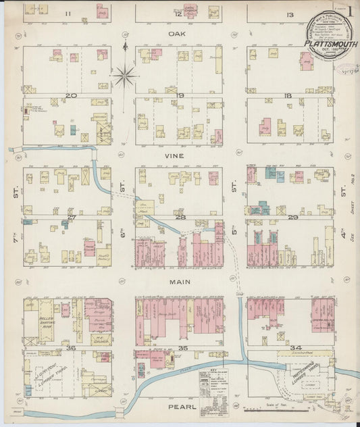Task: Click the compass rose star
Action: point(125,74)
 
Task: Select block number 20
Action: point(70,96)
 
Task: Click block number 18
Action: point(288,96)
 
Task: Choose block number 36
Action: point(70,348)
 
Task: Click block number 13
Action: point(289,14)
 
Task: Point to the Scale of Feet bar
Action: point(270,408)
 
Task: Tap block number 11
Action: point(68,14)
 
